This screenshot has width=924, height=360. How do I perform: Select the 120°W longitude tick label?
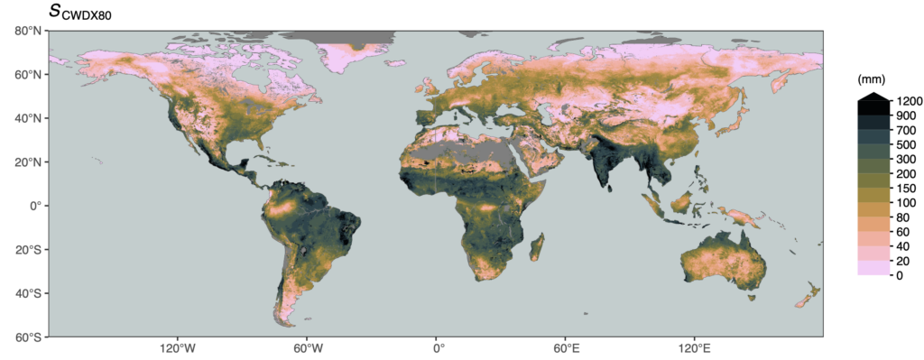pyautogui.click(x=177, y=348)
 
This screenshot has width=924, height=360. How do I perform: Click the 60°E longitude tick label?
pyautogui.click(x=566, y=348)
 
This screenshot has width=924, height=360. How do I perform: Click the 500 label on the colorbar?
pyautogui.click(x=900, y=144)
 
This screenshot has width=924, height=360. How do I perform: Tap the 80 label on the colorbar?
pyautogui.click(x=897, y=217)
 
